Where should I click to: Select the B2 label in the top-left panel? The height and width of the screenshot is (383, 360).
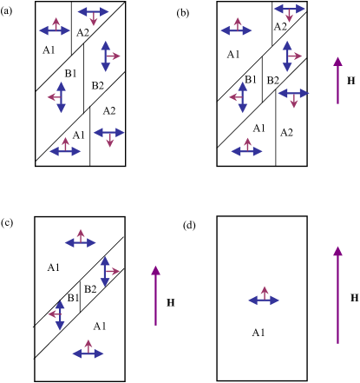(x=97, y=84)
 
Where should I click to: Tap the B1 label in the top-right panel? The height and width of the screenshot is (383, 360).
(x=251, y=80)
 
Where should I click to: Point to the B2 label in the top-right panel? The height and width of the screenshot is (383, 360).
(x=272, y=81)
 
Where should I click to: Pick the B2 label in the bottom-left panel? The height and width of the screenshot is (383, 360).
(x=88, y=289)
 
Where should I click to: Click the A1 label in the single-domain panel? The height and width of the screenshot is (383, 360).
(x=258, y=332)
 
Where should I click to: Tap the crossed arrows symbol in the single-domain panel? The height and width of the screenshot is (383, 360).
(x=265, y=299)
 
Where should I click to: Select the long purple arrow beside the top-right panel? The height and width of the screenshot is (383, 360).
(x=338, y=80)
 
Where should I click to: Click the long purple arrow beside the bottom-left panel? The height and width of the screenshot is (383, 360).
(x=156, y=295)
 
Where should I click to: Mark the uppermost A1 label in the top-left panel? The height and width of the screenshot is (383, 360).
(x=49, y=50)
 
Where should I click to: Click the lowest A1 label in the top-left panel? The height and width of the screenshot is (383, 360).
(x=79, y=135)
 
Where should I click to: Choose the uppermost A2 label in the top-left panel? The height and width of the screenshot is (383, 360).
(x=82, y=33)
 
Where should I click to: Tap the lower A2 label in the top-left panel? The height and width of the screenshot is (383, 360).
(x=108, y=110)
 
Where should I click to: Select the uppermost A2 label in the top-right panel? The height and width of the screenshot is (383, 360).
(x=279, y=27)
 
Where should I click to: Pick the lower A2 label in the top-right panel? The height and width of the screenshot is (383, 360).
(x=286, y=132)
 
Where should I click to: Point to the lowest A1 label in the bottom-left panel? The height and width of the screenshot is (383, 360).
(x=99, y=326)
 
